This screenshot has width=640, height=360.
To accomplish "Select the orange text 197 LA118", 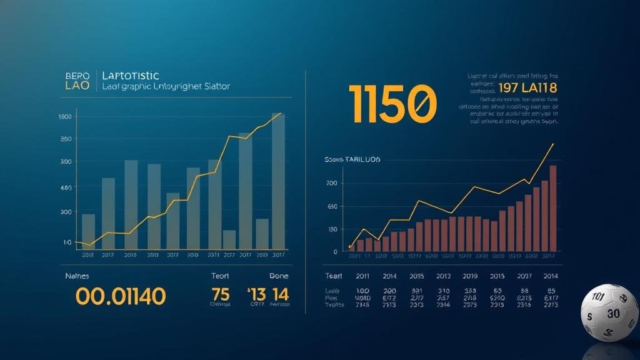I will (x=527, y=88).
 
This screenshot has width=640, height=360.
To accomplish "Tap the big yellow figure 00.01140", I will (x=121, y=296).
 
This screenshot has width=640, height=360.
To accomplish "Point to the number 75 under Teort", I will (x=221, y=294).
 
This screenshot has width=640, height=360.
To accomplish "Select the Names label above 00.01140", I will (x=77, y=276).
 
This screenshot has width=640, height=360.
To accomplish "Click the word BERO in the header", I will (x=77, y=76).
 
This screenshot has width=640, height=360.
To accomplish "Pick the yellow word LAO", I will (x=77, y=86).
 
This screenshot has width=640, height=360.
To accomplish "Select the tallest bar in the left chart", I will (x=278, y=181).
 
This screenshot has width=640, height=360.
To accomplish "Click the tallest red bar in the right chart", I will (x=553, y=209).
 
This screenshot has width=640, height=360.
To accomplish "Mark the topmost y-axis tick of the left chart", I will (x=64, y=117).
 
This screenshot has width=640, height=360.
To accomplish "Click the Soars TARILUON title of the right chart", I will (x=352, y=160).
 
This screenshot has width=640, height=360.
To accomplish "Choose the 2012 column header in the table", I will (x=444, y=276).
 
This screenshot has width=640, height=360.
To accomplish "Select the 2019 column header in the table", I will (x=470, y=276).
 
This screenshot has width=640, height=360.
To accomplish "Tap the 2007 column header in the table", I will (x=524, y=276).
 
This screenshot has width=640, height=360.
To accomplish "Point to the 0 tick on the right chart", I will (x=335, y=252).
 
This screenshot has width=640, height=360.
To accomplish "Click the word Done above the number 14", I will (x=279, y=276).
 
